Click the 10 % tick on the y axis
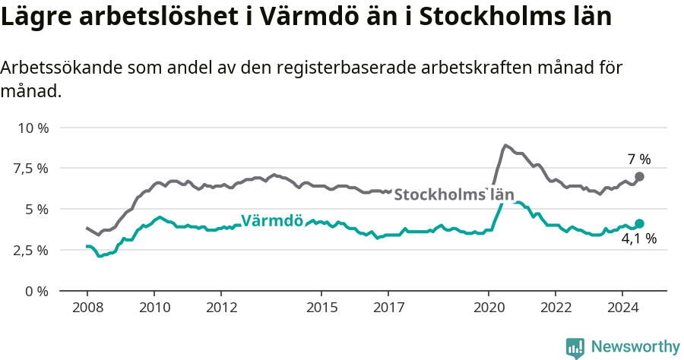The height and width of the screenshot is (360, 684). (x=33, y=128)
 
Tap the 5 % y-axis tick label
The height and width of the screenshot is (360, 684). (x=36, y=209)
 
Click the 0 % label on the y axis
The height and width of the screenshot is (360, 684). (x=36, y=291)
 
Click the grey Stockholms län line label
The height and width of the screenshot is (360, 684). (x=454, y=194)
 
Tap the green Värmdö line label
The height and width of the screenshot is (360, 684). (x=271, y=221)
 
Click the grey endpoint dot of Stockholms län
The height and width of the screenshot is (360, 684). (x=639, y=176)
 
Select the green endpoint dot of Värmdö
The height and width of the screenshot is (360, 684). (x=639, y=223)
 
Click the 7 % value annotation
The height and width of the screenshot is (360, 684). (x=638, y=159)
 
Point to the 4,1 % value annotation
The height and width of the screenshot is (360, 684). (x=638, y=239)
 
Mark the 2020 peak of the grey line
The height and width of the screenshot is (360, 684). (x=505, y=145)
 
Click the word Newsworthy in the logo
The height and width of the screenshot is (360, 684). (x=635, y=347)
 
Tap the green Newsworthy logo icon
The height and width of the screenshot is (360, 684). (x=575, y=348)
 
